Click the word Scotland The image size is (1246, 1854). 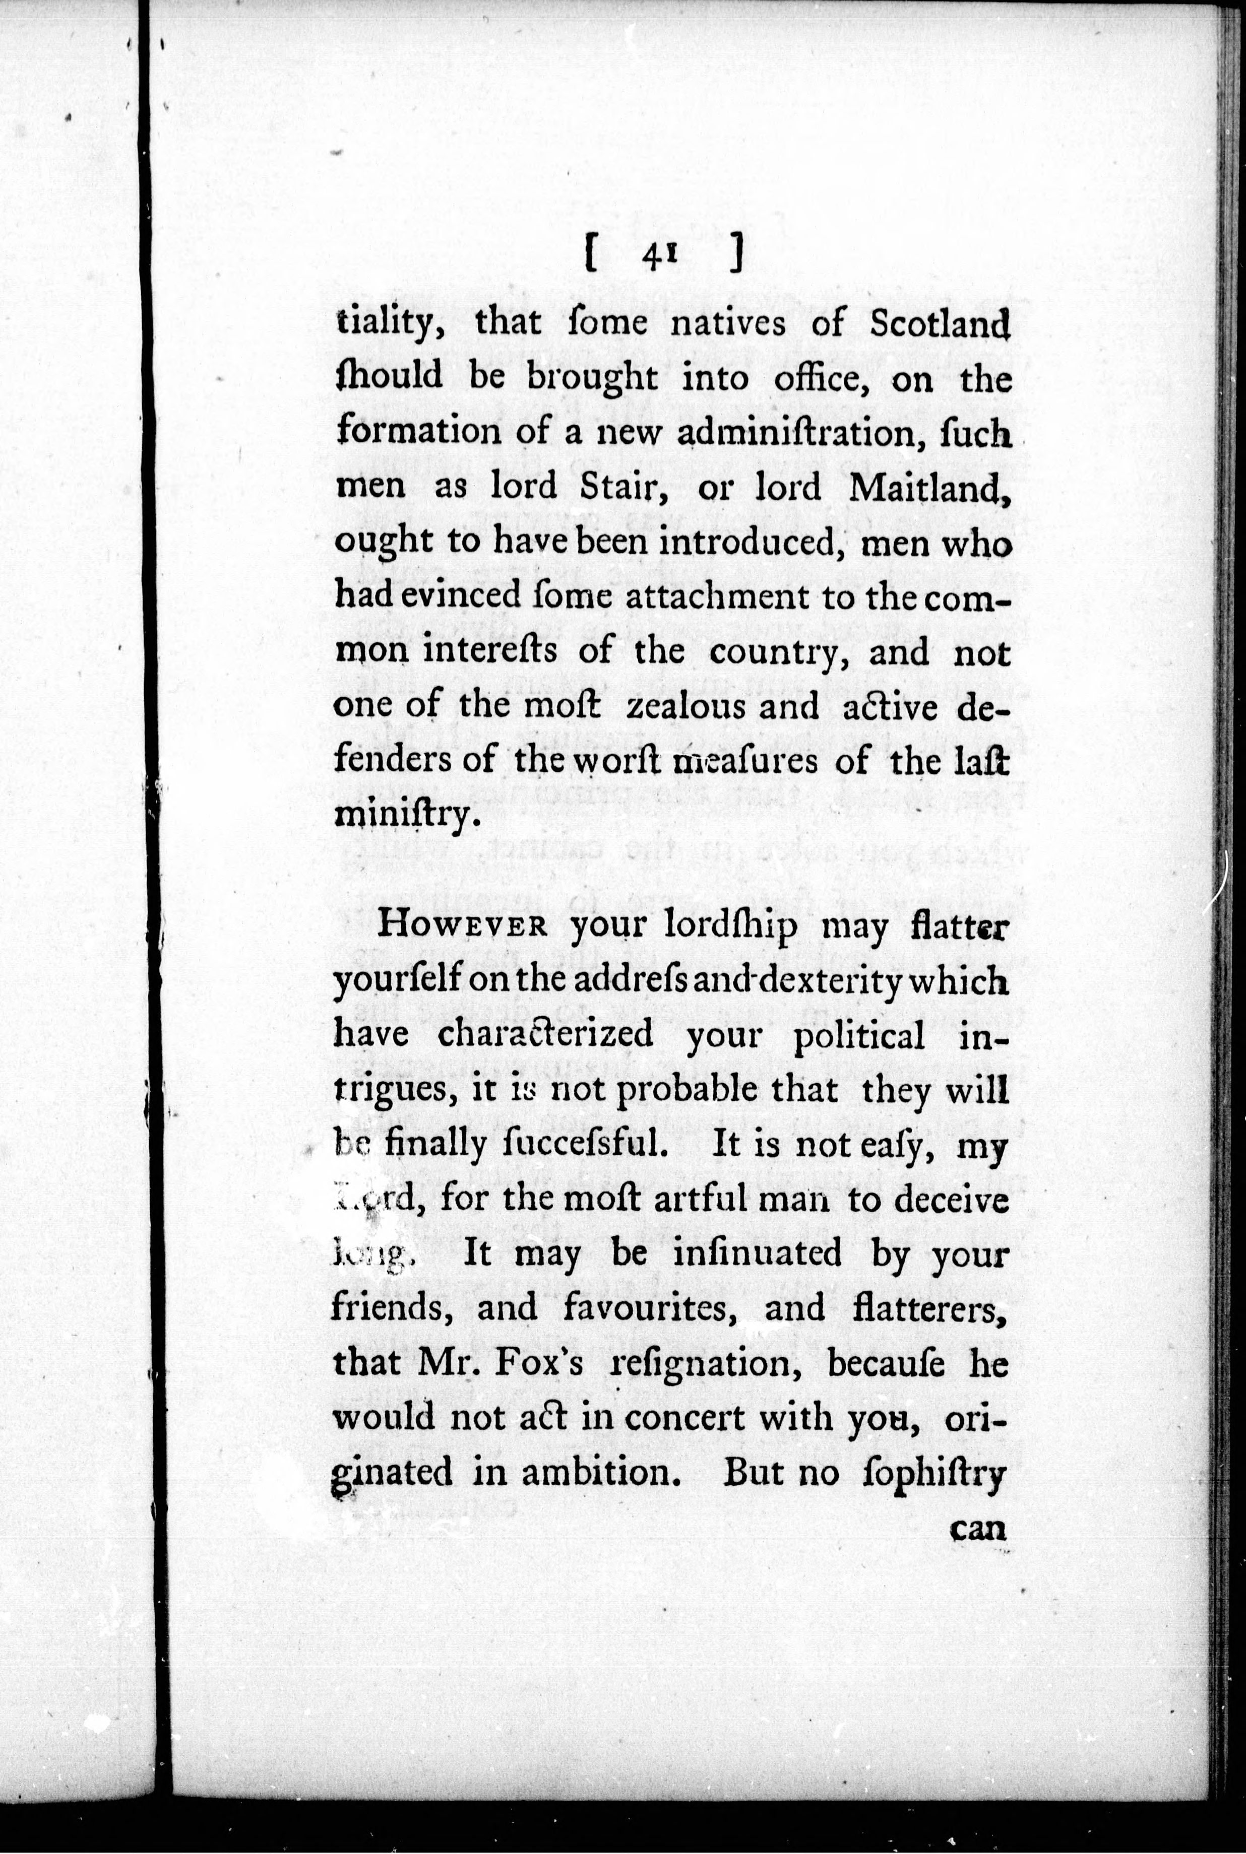939,324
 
